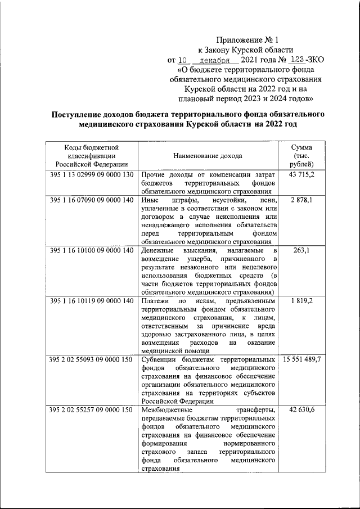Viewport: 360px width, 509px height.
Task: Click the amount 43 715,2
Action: [301, 175]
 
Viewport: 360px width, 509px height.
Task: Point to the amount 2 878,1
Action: [301, 200]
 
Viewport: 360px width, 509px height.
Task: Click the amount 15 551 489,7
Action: [301, 359]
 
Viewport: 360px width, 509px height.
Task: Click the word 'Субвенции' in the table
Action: [162, 359]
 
